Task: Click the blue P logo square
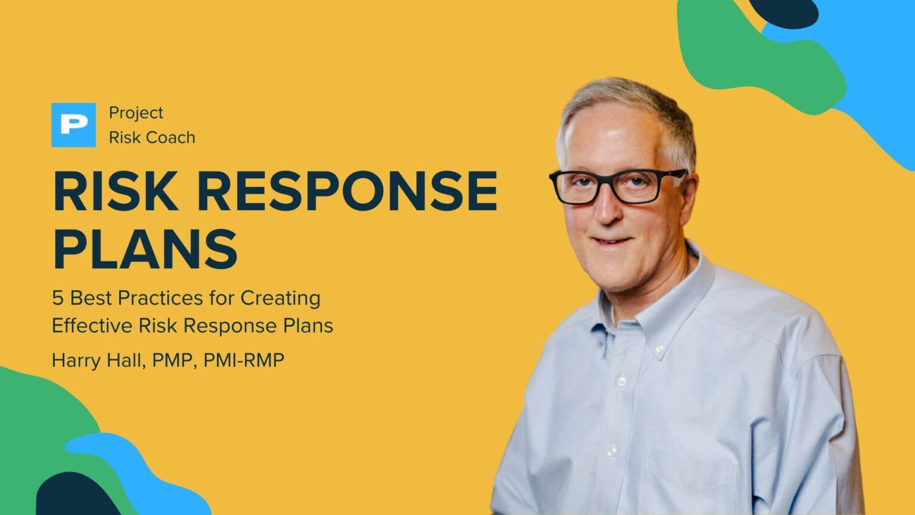coord(73,125)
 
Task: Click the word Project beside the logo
coord(136,113)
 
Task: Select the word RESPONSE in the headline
coord(347,191)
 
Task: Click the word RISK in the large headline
coord(116,191)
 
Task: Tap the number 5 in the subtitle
coord(57,297)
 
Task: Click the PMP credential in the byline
coord(174,360)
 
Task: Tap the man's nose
coord(606,209)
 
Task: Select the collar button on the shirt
coord(659,348)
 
